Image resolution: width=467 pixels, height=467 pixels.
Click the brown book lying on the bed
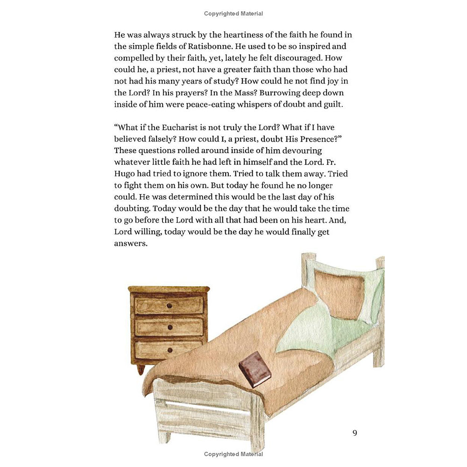tap(255, 369)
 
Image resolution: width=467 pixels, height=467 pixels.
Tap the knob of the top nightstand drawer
tap(169, 306)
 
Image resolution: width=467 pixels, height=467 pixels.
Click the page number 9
tap(355, 433)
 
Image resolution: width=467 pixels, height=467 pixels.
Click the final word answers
tap(131, 244)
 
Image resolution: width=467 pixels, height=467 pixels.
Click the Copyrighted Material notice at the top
tap(233, 14)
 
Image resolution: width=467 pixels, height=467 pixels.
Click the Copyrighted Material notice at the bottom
tap(233, 454)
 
